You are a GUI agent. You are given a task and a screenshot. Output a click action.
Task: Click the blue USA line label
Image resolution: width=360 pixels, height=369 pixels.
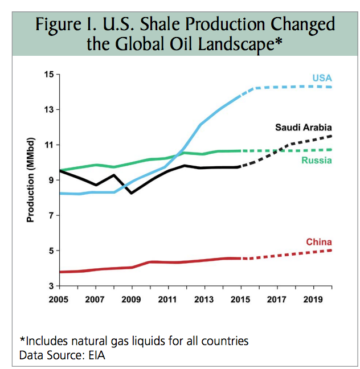[x=322, y=77]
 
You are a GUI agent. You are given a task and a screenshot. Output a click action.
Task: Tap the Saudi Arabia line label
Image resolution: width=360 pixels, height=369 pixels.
[x=304, y=127]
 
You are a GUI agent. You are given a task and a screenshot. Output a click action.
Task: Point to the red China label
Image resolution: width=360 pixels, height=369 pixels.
[x=319, y=242]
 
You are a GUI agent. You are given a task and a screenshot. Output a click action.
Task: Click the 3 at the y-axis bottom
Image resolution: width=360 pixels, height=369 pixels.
[x=50, y=286]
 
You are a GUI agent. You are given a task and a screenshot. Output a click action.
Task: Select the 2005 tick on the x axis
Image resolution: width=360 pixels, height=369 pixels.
[x=60, y=298]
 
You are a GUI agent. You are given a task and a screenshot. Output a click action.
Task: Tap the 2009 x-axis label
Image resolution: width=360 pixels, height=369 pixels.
[x=132, y=298]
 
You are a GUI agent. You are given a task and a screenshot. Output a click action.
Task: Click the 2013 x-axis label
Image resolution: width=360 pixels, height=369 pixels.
[x=204, y=298]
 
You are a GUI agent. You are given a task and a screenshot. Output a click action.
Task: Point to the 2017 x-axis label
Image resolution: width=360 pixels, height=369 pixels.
[x=277, y=298]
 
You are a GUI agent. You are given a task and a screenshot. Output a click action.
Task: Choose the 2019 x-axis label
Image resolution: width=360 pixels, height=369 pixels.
[x=313, y=298]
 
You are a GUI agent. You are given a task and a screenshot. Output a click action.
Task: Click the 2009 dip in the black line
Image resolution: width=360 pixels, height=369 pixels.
[x=132, y=193]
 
